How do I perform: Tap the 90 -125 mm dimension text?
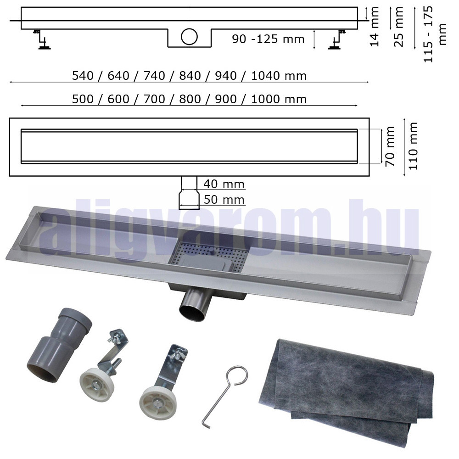[268, 39]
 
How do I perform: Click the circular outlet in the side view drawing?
[189, 37]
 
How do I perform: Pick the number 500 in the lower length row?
[83, 99]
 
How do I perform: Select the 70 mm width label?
[390, 146]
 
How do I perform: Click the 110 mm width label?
[413, 146]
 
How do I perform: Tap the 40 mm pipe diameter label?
[224, 184]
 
